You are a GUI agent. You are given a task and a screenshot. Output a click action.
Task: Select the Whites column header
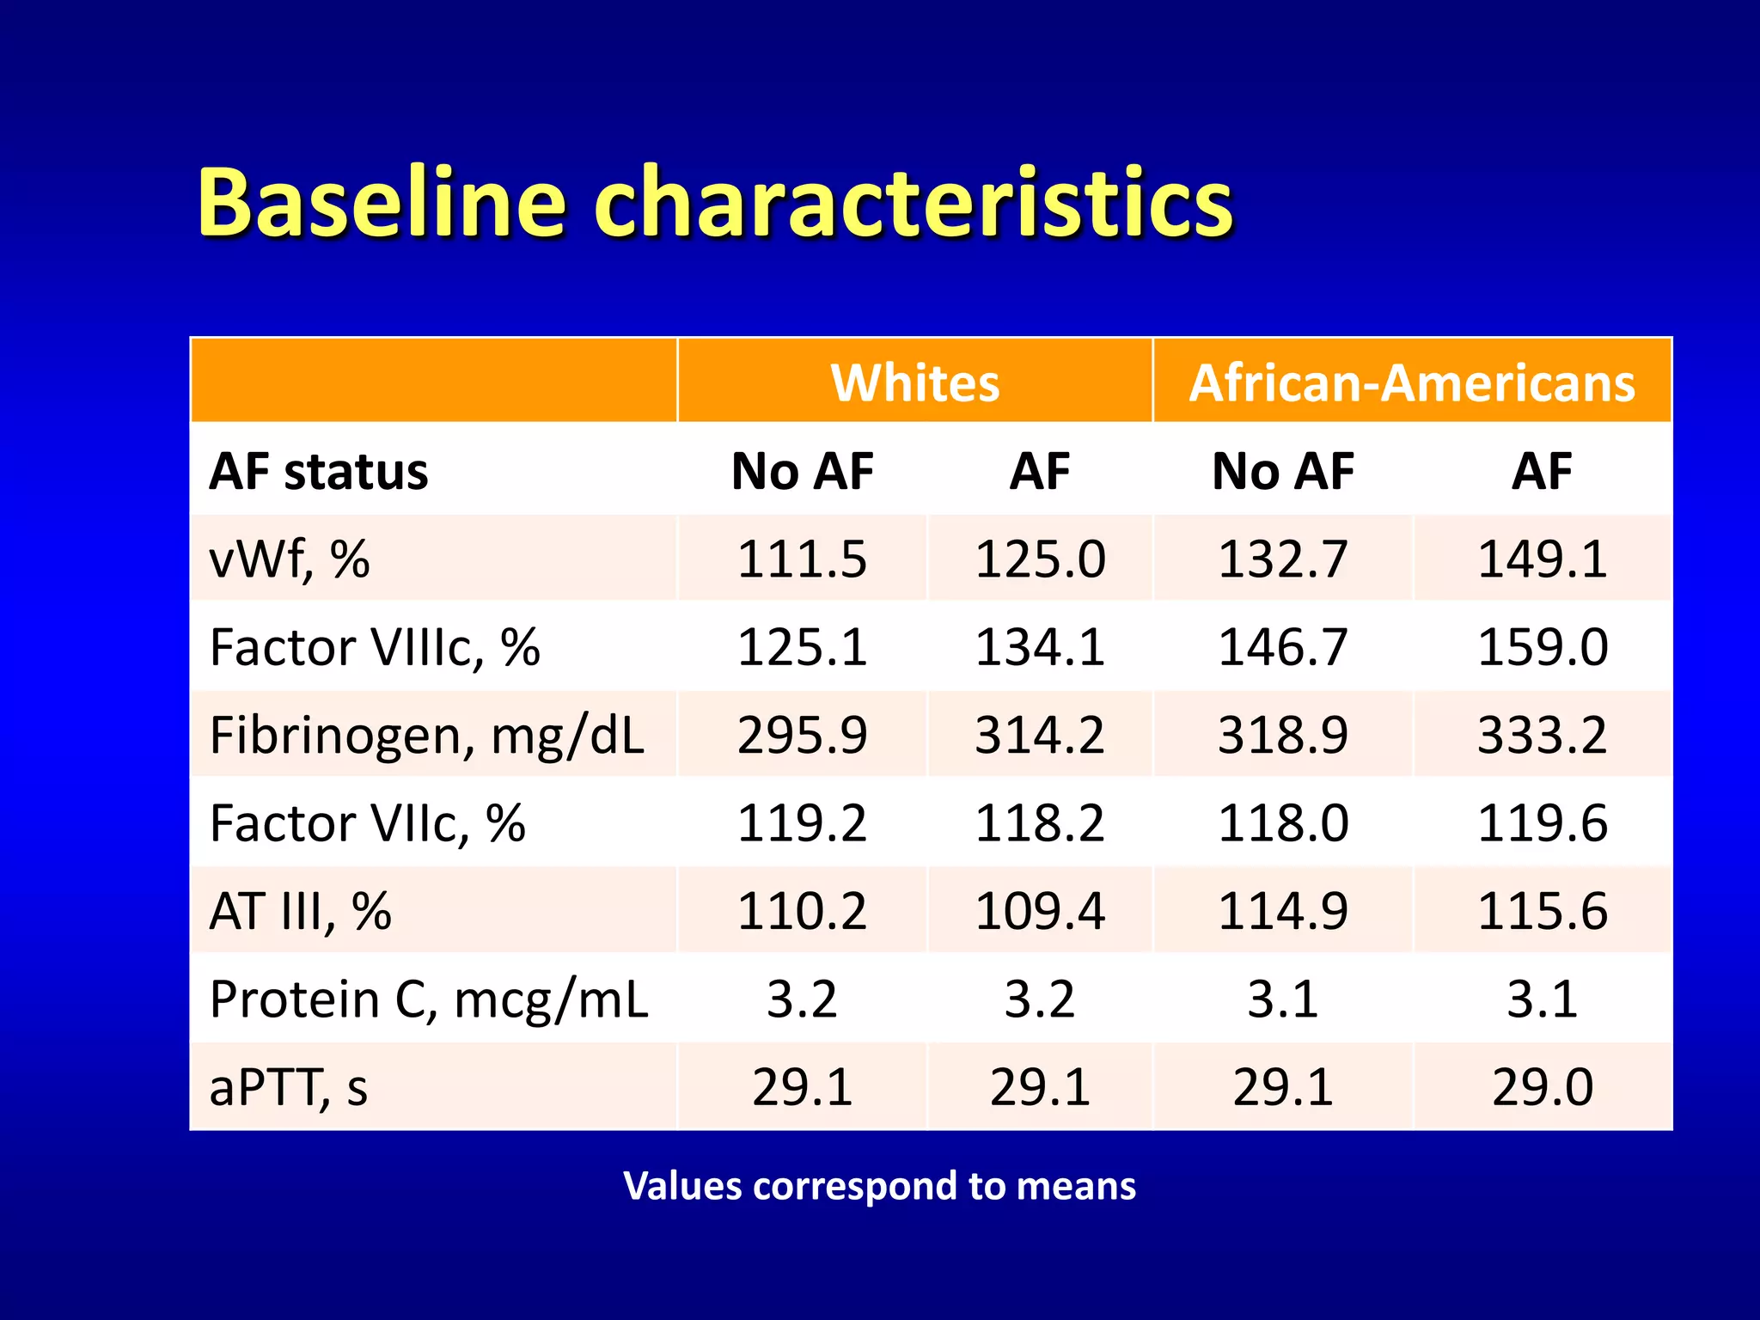[914, 382]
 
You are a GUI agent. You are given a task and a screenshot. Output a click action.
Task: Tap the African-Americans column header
[1411, 382]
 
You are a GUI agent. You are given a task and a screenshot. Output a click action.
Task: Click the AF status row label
[318, 472]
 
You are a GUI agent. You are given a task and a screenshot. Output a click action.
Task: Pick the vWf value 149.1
[1542, 559]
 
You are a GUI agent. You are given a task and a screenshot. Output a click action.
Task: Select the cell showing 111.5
[802, 559]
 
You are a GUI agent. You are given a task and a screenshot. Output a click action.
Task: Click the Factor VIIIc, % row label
[375, 647]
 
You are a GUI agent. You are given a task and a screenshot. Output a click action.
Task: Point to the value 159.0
[1542, 647]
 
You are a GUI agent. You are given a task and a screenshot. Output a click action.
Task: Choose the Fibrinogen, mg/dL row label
[426, 736]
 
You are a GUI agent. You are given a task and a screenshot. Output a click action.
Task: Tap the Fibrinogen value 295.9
[802, 736]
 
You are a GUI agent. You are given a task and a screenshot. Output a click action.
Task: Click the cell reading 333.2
[1542, 736]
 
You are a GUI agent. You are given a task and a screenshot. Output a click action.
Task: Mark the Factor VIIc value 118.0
[1282, 823]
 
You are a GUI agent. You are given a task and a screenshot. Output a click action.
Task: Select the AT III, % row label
[300, 911]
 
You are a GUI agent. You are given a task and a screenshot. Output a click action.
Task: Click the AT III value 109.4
[1039, 911]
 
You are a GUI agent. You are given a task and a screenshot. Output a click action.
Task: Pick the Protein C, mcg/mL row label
[428, 999]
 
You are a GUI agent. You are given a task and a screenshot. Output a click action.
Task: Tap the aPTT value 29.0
[1542, 1087]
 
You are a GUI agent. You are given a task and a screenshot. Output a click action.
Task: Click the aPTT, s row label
[288, 1087]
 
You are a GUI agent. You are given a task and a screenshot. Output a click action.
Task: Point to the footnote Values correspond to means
[879, 1186]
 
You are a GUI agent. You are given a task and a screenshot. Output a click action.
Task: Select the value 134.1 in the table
[1039, 647]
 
